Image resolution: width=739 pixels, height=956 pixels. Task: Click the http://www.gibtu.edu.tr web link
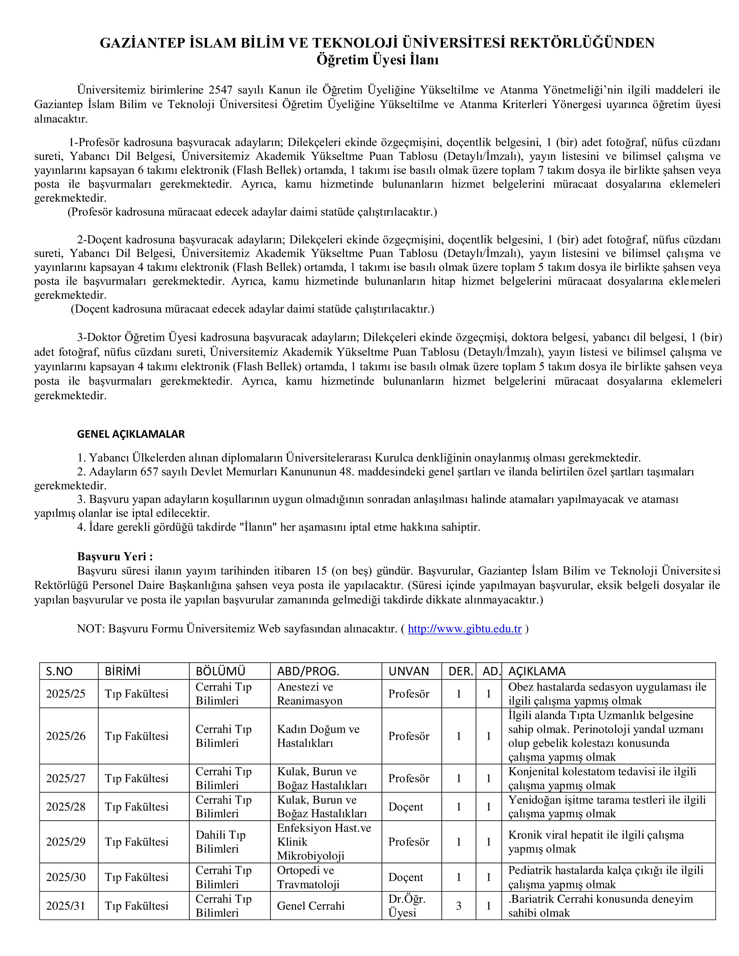pyautogui.click(x=465, y=629)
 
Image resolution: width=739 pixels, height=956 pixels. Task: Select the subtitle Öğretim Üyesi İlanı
pyautogui.click(x=377, y=59)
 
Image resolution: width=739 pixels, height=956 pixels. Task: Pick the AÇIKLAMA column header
pyautogui.click(x=537, y=671)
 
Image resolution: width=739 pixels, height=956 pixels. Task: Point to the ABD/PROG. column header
pyautogui.click(x=308, y=671)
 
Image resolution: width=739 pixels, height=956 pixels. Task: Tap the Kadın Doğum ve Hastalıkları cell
pyautogui.click(x=318, y=736)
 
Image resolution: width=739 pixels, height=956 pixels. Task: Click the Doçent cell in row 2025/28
pyautogui.click(x=405, y=807)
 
